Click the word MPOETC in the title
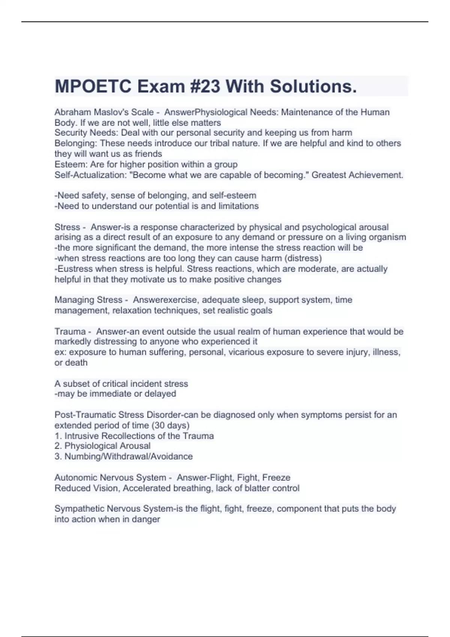pos(93,87)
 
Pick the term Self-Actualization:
pos(90,175)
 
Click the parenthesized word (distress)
pos(303,258)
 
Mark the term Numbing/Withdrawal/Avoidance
pos(129,456)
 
